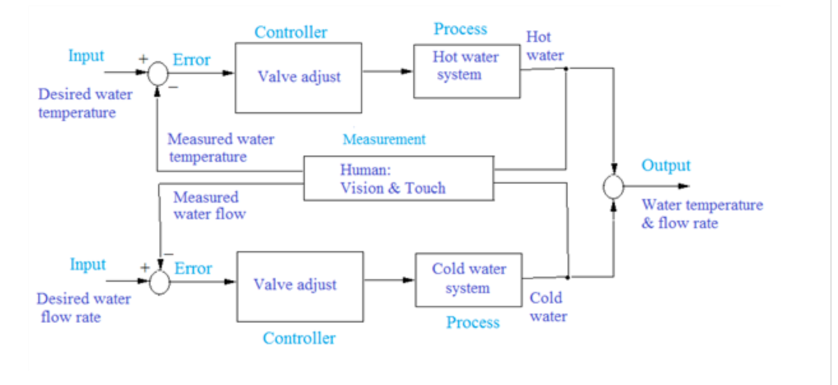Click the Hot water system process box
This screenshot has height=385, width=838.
466,71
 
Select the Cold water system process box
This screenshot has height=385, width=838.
468,279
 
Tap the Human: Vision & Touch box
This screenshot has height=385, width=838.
398,178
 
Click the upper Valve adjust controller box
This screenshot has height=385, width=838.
298,78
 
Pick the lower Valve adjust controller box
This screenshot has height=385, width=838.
300,286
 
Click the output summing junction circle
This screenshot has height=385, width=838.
613,187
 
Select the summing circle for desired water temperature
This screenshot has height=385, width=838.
158,74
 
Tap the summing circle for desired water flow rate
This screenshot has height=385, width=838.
159,281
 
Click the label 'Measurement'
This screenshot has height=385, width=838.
384,139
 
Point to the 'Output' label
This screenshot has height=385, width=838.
666,166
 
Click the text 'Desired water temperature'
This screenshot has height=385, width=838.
85,104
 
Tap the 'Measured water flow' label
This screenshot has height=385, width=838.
209,206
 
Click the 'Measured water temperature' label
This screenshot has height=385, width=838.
221,148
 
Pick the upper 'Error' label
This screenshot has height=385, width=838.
191,60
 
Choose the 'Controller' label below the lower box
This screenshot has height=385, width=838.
299,338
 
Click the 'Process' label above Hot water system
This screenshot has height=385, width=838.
460,29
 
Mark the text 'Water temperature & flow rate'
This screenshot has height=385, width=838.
702,214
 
